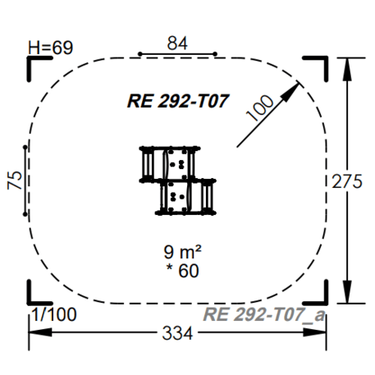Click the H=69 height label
pos(50,47)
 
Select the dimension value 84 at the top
pos(177,42)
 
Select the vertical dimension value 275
pos(347,181)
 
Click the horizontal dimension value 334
pos(178,334)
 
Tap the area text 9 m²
pos(181,253)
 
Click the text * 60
pos(181,269)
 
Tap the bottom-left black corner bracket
pos(37,293)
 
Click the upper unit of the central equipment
pos(170,163)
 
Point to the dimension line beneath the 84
pos(177,54)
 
